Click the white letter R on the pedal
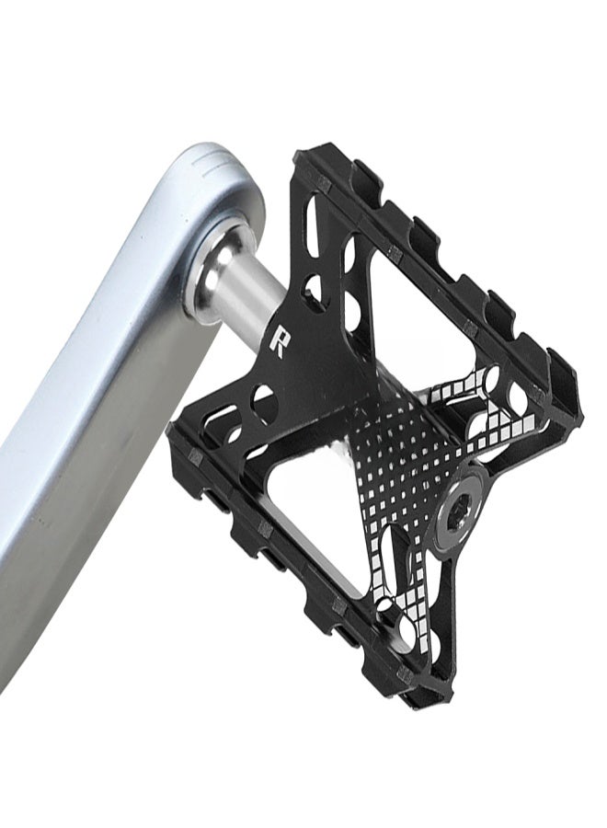point(278,340)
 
